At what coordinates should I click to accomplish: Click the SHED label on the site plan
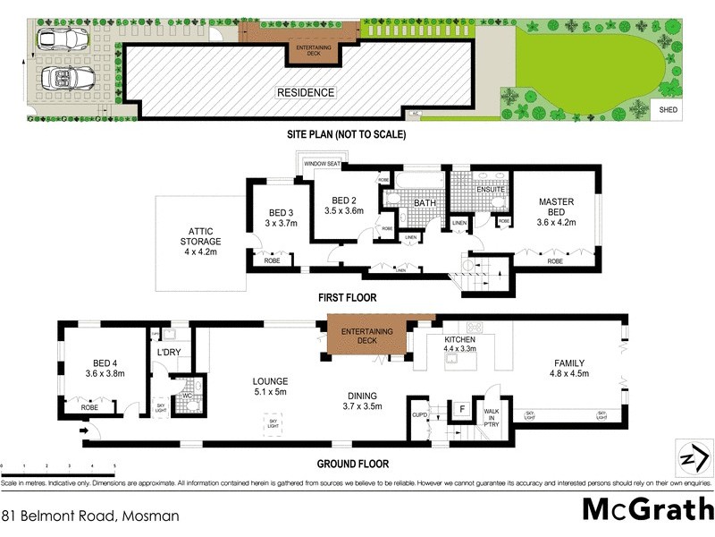[x=669, y=110]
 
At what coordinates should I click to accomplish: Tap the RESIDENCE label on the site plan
[x=305, y=92]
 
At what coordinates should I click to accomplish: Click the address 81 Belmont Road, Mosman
[x=90, y=516]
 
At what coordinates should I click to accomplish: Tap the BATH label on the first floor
[x=424, y=203]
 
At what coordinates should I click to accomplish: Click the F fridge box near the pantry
[x=461, y=410]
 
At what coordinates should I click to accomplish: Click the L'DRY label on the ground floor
[x=170, y=353]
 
